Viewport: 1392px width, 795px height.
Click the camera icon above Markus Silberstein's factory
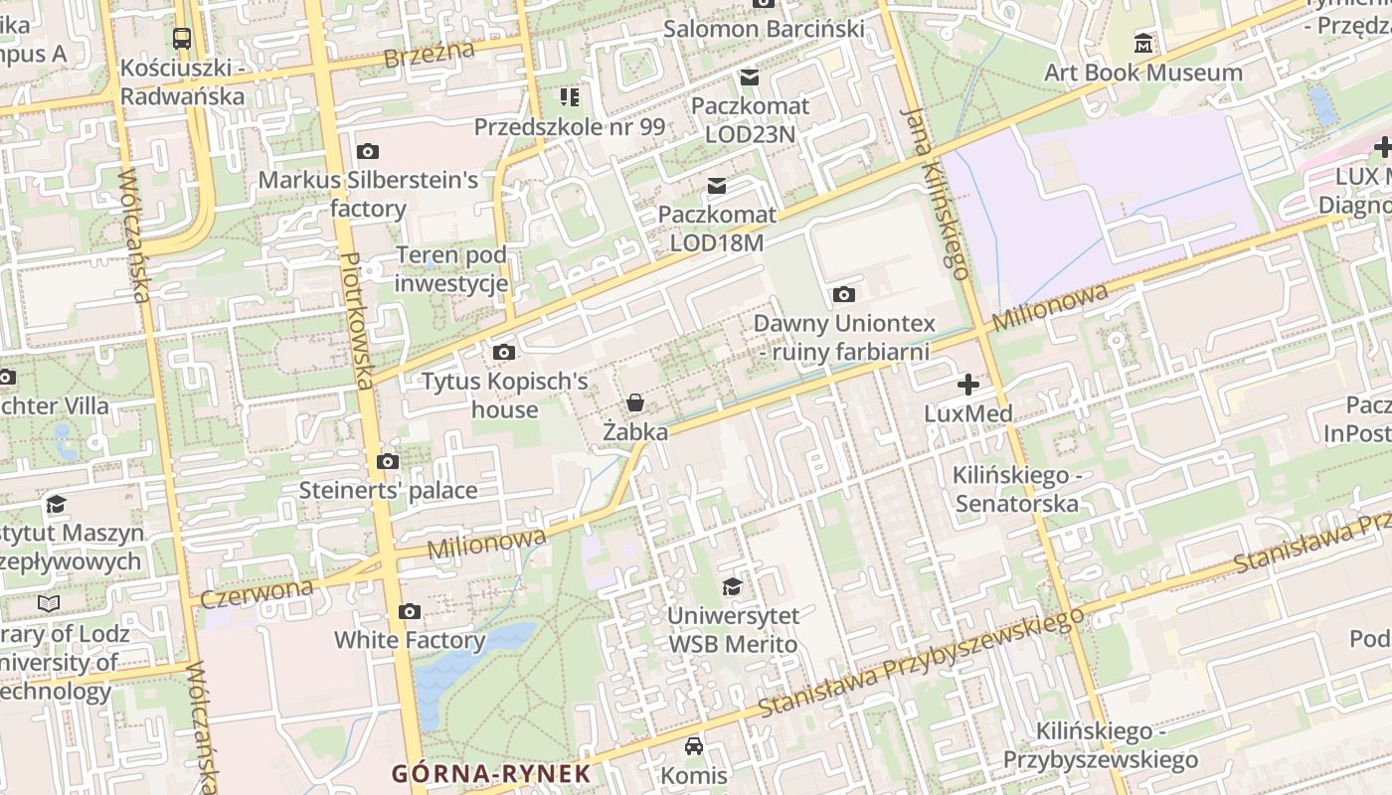coord(368,152)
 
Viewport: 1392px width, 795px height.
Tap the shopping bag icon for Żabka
coord(634,402)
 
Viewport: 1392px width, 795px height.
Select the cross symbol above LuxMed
coord(967,385)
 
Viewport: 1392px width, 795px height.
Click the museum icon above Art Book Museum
coord(1143,44)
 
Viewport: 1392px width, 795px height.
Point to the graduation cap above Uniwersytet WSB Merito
coord(732,586)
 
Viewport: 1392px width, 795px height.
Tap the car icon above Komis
coord(694,746)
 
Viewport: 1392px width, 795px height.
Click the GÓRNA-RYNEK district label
coord(490,773)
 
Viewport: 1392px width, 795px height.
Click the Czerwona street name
coord(257,592)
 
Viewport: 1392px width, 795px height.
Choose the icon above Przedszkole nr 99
coord(569,97)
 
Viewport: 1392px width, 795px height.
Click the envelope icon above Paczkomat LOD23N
coord(750,77)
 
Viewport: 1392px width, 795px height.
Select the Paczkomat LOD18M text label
coord(717,228)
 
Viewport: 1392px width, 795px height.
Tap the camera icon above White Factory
coord(410,611)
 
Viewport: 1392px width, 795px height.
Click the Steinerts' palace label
coord(388,490)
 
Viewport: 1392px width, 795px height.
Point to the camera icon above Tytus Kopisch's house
coord(504,352)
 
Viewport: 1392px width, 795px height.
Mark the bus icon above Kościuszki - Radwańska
coord(182,39)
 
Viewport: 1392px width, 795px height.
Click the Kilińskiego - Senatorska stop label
coord(1016,489)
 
